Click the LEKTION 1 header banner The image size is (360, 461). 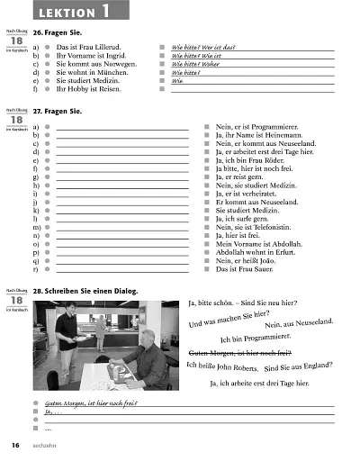point(79,12)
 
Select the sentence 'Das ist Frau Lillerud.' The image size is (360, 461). point(90,46)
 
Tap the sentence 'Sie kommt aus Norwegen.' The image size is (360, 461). point(95,64)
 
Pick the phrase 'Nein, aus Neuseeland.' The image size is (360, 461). point(300,323)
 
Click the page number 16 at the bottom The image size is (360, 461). point(15,446)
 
